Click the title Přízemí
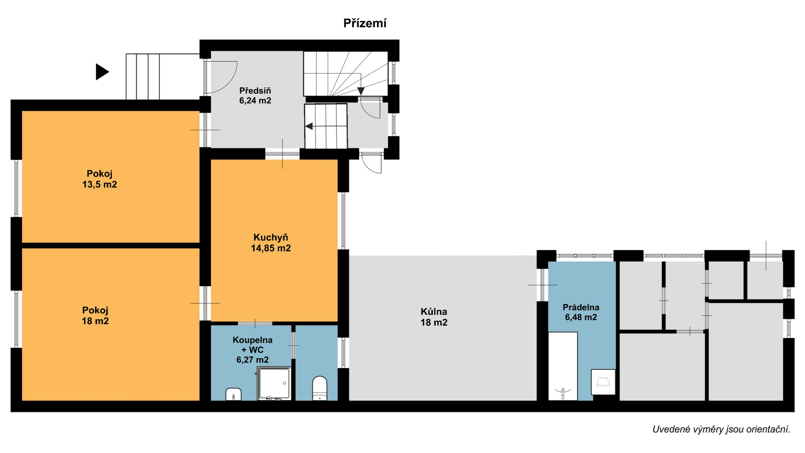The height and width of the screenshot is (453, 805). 365,23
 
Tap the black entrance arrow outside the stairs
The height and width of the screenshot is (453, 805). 102,72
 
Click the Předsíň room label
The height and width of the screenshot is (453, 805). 255,96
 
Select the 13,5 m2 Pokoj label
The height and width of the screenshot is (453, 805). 99,179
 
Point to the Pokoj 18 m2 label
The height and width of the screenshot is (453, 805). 95,316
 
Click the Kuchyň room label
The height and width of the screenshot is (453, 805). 270,243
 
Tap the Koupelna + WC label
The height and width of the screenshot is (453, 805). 252,350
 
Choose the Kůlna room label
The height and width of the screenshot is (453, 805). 434,317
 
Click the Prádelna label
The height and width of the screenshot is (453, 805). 581,312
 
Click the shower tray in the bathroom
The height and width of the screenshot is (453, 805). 274,383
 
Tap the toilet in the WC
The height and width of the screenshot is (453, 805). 319,388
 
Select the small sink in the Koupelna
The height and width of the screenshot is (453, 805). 233,394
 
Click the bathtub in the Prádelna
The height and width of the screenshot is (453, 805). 563,366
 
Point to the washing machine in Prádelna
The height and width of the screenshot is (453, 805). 603,382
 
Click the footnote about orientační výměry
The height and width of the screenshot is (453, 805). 721,429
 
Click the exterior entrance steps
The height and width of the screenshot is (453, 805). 143,76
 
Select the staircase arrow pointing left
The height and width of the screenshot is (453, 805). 309,126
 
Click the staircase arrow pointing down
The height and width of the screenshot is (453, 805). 361,91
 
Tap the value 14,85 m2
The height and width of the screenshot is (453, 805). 270,248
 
